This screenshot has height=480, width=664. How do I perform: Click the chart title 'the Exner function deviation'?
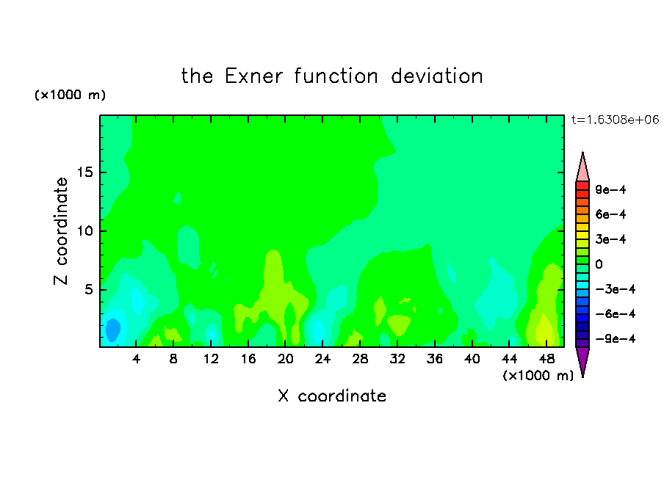[332, 76]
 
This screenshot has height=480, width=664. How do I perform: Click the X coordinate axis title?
[332, 396]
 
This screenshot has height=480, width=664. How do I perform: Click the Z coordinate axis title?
[61, 230]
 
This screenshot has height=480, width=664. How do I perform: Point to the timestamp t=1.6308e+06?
[615, 120]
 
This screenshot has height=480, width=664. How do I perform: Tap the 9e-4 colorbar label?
[610, 189]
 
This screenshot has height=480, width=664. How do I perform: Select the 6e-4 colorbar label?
[610, 214]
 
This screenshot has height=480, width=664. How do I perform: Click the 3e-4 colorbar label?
[610, 239]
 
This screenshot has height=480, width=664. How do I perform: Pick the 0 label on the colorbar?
[599, 264]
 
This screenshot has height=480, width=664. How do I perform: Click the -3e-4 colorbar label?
[616, 289]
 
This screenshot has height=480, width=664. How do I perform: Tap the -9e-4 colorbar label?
[616, 339]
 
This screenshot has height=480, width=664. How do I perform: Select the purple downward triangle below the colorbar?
[582, 361]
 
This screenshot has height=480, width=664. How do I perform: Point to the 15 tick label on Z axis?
[84, 172]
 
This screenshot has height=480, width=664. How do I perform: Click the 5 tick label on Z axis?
[88, 289]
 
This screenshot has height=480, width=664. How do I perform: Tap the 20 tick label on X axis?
[285, 359]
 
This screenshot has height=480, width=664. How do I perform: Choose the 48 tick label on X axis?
[546, 359]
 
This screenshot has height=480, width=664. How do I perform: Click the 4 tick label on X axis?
[136, 359]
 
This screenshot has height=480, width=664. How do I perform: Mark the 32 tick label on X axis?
[397, 359]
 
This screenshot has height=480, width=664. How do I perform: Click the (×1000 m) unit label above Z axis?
[70, 95]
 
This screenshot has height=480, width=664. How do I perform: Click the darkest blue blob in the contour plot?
[112, 330]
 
